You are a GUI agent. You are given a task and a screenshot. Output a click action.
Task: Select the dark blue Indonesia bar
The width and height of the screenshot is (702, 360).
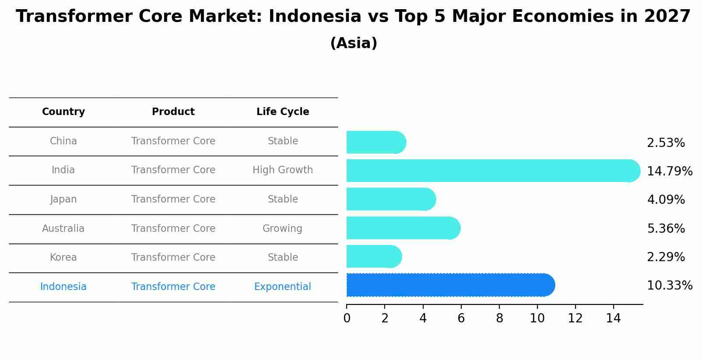(x=450, y=285)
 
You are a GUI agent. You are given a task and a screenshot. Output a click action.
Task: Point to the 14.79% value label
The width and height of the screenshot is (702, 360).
(x=669, y=171)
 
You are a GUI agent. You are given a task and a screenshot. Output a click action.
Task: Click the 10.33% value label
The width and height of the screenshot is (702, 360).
(x=669, y=286)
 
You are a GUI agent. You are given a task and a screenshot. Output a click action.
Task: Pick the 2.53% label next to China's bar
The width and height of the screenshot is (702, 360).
(x=665, y=143)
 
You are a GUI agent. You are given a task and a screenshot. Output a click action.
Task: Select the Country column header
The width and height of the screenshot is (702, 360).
(x=63, y=112)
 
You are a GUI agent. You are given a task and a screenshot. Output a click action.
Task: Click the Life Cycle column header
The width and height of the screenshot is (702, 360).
(x=283, y=112)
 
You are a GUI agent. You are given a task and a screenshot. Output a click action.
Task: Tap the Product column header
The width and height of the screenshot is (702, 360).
(x=173, y=112)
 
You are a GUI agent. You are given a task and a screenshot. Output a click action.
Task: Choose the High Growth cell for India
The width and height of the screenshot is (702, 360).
(x=283, y=170)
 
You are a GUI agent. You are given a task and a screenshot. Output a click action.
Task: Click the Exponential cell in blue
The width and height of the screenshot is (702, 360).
(x=283, y=287)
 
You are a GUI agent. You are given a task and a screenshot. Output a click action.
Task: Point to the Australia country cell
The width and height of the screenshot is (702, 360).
(x=63, y=229)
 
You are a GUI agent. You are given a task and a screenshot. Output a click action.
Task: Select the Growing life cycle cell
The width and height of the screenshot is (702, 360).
(x=282, y=229)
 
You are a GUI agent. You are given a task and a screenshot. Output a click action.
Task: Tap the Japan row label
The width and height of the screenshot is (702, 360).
(x=63, y=199)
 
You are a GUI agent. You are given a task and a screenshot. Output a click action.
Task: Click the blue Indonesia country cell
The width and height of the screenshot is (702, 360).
(x=63, y=287)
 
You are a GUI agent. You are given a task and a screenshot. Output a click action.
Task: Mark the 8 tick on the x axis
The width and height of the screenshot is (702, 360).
(x=499, y=318)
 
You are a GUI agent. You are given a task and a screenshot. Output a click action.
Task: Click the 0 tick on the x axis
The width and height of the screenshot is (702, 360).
(x=347, y=318)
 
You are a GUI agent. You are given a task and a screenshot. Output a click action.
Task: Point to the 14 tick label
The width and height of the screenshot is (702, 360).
(x=613, y=318)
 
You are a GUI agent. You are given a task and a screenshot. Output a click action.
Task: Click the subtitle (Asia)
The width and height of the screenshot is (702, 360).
(x=354, y=43)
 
